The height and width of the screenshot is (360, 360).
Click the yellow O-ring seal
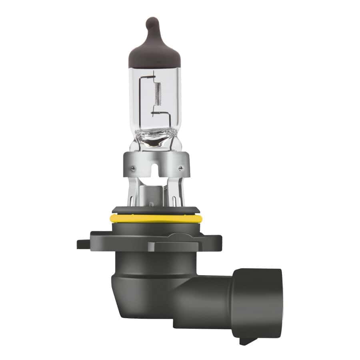pyautogui.click(x=156, y=218)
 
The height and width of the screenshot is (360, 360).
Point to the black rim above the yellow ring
pyautogui.click(x=156, y=210)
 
